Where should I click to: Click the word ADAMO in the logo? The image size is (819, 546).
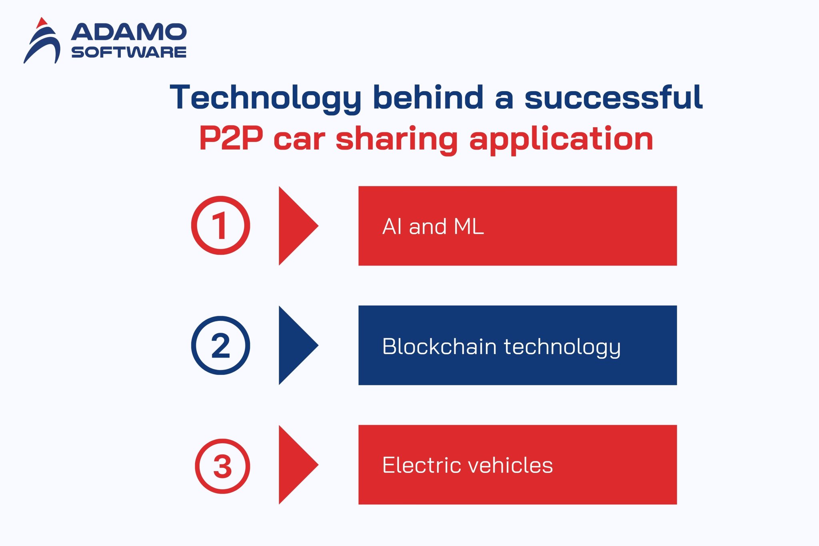[x=129, y=32]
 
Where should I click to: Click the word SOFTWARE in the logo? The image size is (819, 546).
[x=129, y=52]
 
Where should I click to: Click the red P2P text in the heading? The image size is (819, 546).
[x=231, y=138]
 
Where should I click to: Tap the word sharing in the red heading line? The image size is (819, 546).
[x=396, y=139]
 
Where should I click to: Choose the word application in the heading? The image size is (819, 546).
[x=561, y=139]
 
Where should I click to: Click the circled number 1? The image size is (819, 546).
[x=220, y=225]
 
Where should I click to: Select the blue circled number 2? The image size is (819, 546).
[x=220, y=345]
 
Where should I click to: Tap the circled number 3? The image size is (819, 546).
[x=222, y=466]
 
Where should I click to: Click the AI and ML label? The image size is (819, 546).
[x=433, y=226]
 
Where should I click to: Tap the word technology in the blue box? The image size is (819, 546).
[x=562, y=347]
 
